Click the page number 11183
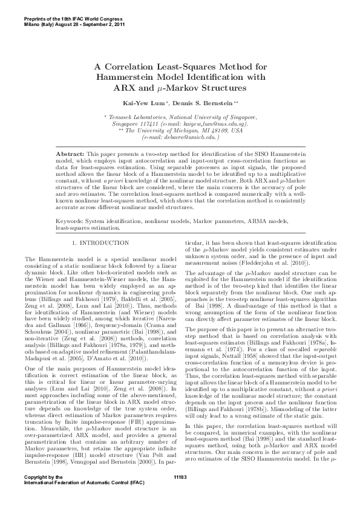pyautogui.click(x=180, y=494)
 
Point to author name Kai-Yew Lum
pyautogui.click(x=145, y=103)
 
